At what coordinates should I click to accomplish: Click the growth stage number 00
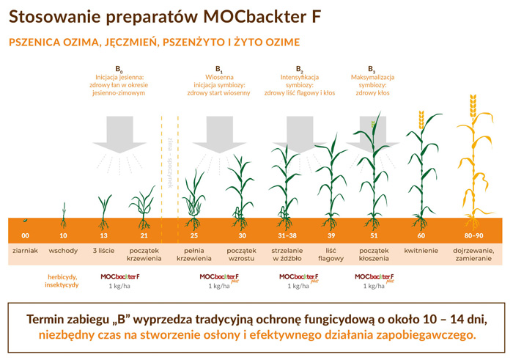25,235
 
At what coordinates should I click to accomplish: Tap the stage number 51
374,235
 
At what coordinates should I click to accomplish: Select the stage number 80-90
473,235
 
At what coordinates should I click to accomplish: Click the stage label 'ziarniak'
25,251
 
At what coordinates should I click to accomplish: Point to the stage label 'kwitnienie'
421,251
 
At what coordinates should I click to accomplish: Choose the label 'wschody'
63,251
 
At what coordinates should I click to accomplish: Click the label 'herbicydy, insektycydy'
62,281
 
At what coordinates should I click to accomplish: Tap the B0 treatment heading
119,69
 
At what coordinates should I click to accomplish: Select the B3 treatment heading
372,69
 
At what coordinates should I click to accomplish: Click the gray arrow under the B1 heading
219,134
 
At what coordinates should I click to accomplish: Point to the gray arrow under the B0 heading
119,134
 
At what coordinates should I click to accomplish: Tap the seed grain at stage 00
25,221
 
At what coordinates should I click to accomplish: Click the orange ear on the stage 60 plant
421,120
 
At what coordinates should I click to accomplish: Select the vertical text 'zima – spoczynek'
170,162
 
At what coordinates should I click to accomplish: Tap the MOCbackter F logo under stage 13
120,276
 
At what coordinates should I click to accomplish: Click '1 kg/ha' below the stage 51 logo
374,286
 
